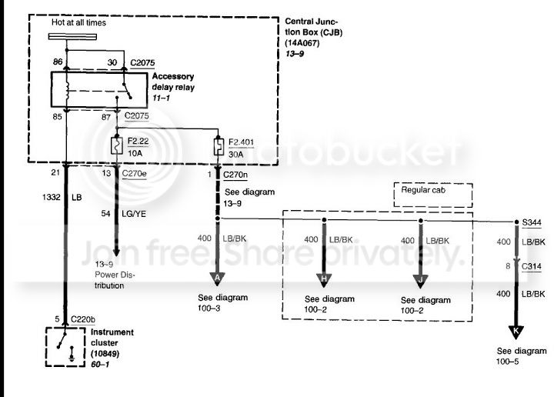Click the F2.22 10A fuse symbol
117,145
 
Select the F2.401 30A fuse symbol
219,147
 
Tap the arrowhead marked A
217,279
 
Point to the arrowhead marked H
324,280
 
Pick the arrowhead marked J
420,281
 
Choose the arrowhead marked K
516,332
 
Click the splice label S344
532,222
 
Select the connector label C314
532,266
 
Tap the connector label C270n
235,175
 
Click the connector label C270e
134,173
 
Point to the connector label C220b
83,319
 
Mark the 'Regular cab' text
423,190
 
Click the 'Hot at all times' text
78,22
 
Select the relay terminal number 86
58,62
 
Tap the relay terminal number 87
106,117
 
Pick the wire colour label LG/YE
134,214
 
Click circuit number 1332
52,197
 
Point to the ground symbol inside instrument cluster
72,354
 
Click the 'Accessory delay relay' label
173,82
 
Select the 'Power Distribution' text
115,280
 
